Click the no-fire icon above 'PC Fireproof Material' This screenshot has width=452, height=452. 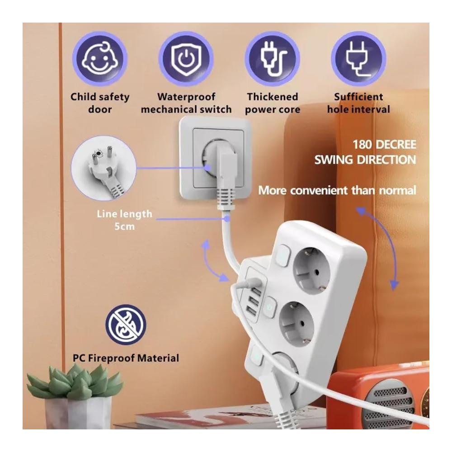tap(126, 325)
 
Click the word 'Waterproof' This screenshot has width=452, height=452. tap(186, 97)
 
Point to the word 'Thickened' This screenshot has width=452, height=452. tap(273, 97)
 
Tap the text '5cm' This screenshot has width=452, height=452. tap(125, 226)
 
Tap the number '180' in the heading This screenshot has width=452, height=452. tap(363, 145)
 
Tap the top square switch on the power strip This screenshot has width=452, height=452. tap(282, 256)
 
